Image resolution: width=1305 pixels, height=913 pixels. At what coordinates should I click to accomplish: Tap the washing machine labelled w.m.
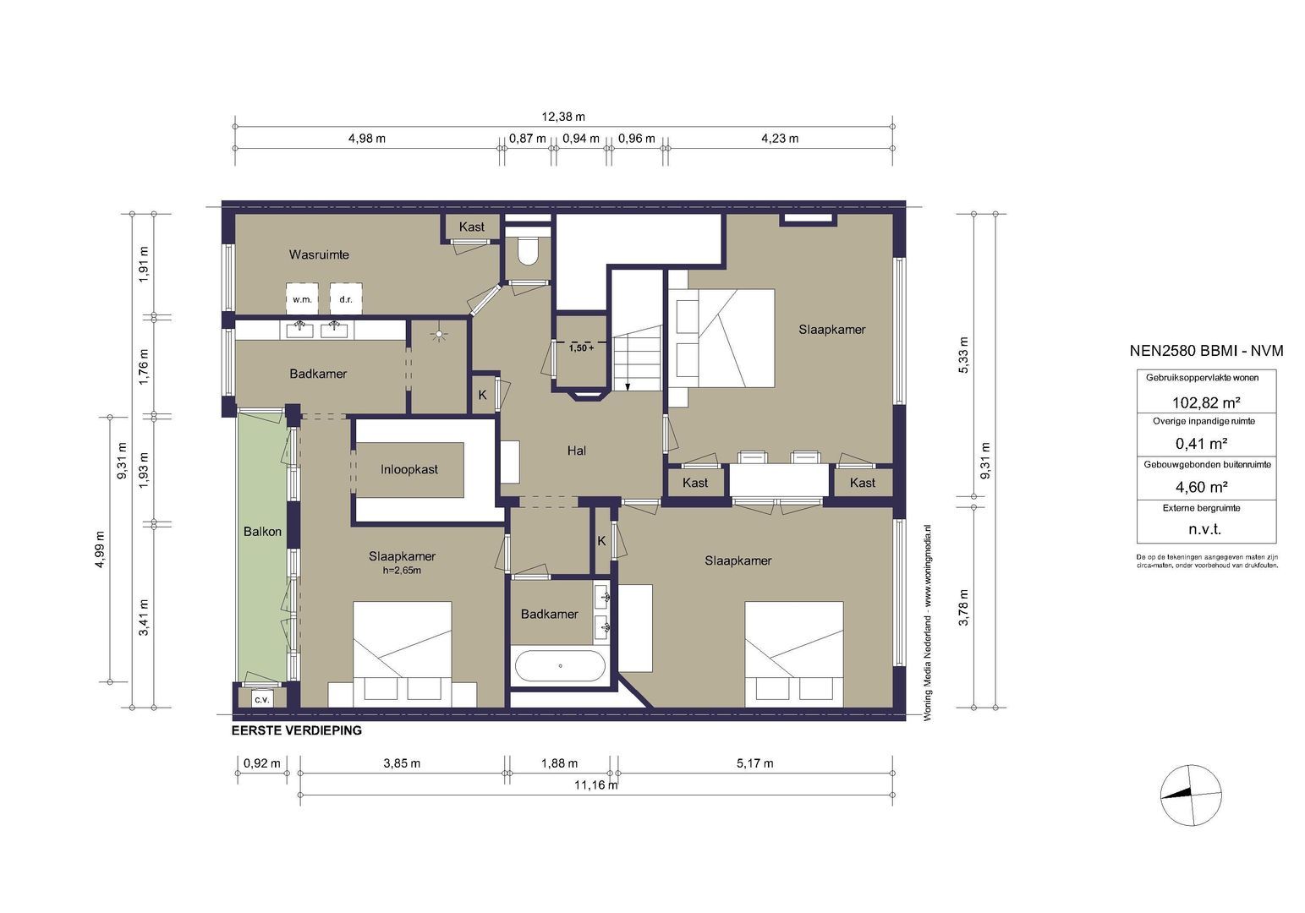(x=302, y=298)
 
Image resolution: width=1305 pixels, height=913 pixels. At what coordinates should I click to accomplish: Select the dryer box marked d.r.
(x=346, y=298)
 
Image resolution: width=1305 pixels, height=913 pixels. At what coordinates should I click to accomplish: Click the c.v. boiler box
(x=261, y=699)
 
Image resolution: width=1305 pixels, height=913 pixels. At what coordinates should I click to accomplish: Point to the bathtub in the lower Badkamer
(x=560, y=666)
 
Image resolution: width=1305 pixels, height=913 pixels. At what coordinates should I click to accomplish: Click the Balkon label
(x=262, y=532)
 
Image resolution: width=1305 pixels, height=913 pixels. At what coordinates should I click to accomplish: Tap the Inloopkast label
(x=409, y=469)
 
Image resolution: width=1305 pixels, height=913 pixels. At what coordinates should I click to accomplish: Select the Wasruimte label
(x=319, y=254)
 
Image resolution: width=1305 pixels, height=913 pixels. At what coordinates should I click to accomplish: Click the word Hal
(x=577, y=450)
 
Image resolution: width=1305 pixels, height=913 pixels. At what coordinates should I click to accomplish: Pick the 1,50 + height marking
(x=581, y=348)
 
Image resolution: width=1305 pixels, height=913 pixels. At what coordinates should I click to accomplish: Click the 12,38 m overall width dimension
(x=563, y=117)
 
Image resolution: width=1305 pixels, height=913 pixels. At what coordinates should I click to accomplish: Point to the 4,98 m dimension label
(x=367, y=139)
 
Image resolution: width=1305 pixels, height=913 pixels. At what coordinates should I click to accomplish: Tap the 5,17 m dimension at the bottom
(x=755, y=763)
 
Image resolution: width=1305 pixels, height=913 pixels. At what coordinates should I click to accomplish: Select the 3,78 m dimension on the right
(x=963, y=607)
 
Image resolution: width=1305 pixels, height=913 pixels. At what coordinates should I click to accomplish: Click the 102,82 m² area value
(x=1206, y=402)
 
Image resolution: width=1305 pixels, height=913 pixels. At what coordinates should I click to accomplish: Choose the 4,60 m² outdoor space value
(x=1202, y=486)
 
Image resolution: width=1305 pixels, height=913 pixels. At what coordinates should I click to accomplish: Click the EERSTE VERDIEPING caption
(x=297, y=730)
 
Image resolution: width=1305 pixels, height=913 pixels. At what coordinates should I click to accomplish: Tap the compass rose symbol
(x=1191, y=795)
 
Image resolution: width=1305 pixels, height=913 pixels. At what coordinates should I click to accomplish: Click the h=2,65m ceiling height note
(x=402, y=571)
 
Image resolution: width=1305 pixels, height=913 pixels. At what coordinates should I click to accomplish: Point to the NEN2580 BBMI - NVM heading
(x=1207, y=351)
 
